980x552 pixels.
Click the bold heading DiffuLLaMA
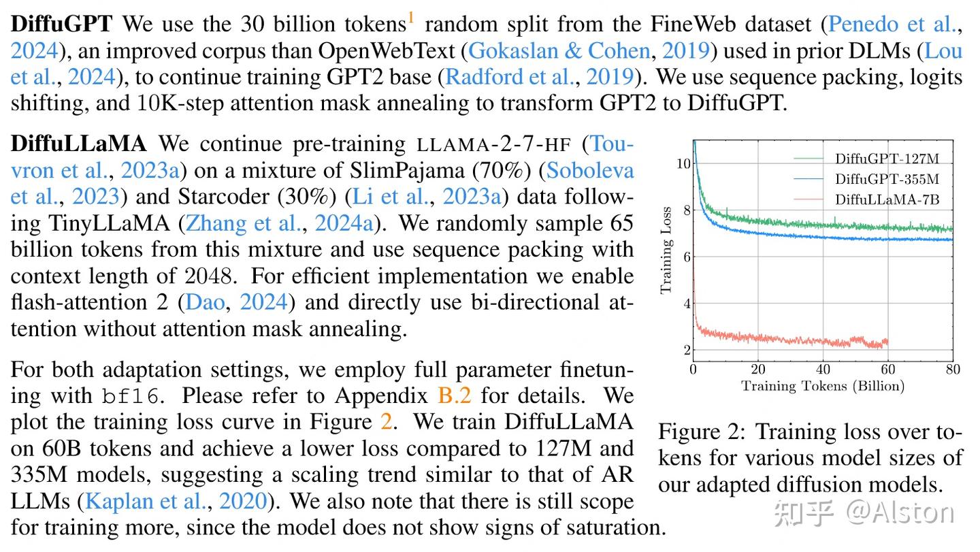79,144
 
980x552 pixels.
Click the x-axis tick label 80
952,370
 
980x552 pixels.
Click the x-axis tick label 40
823,370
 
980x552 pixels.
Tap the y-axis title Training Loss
667,250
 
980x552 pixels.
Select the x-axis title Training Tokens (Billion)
822,387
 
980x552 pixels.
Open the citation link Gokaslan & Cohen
559,51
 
